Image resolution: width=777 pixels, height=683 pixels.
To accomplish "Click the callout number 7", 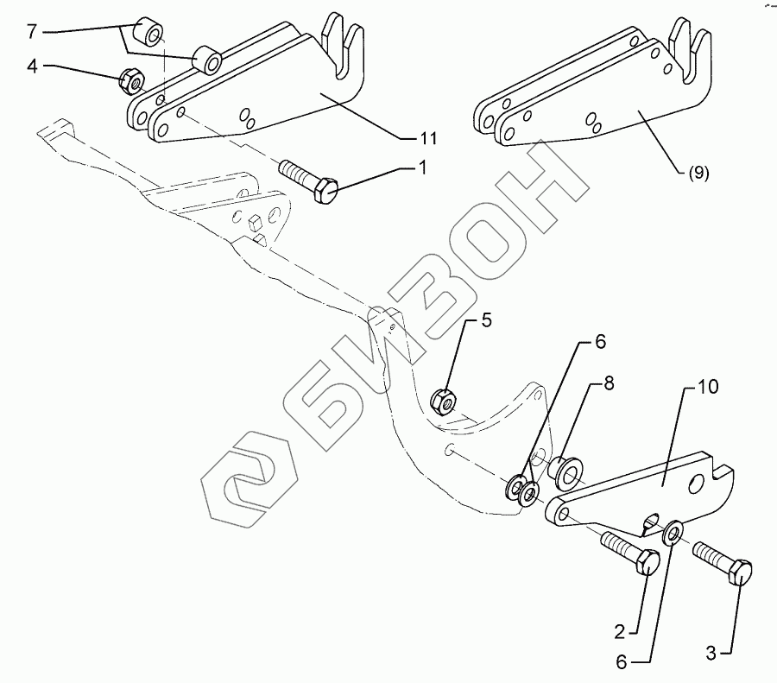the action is tap(31, 31).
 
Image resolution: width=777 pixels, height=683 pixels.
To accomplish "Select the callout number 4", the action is tap(31, 66).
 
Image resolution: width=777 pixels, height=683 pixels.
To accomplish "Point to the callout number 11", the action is tap(427, 138).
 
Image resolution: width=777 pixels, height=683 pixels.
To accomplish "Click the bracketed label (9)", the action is tap(698, 173).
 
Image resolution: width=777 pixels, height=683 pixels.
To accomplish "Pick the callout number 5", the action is tap(486, 322).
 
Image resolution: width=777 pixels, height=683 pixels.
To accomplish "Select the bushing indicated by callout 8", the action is tap(565, 473).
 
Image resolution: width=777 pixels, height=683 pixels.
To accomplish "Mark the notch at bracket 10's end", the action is tap(722, 469).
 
